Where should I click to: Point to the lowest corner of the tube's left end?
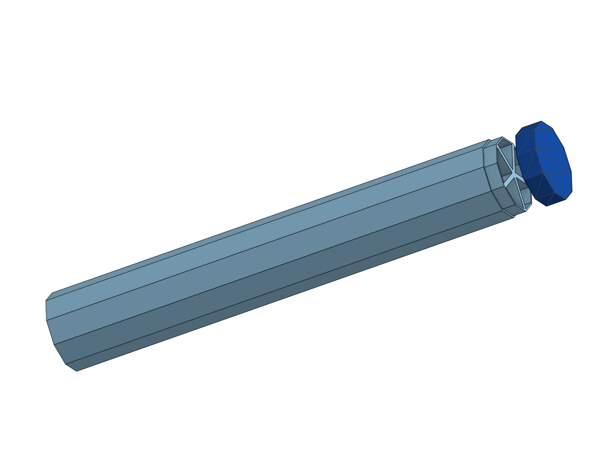(77, 371)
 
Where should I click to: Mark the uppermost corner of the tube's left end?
(53, 293)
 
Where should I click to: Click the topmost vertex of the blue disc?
(541, 121)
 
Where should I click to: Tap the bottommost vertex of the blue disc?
(547, 206)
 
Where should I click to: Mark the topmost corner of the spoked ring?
(502, 137)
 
